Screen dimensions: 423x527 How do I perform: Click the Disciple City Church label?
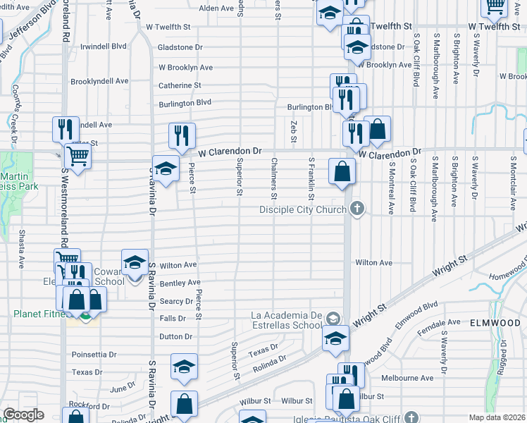pyautogui.click(x=302, y=209)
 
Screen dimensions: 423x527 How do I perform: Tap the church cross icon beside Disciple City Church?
pyautogui.click(x=358, y=209)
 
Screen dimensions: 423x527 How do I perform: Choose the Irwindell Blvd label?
pyautogui.click(x=103, y=46)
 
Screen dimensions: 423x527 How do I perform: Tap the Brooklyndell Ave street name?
pyautogui.click(x=99, y=81)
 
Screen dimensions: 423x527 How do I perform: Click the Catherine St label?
pyautogui.click(x=180, y=85)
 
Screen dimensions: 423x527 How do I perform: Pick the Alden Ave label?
pyautogui.click(x=217, y=8)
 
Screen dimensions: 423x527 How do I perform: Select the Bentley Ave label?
pyautogui.click(x=180, y=283)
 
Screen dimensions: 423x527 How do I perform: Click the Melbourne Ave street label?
pyautogui.click(x=408, y=378)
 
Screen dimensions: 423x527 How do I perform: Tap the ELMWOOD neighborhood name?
pyautogui.click(x=498, y=323)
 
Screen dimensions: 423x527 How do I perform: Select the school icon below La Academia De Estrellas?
pyautogui.click(x=336, y=338)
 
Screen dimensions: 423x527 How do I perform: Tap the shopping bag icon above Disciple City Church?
pyautogui.click(x=342, y=171)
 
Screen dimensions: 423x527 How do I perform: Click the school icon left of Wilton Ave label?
pyautogui.click(x=135, y=264)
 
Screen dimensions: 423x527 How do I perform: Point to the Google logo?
pyautogui.click(x=23, y=415)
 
